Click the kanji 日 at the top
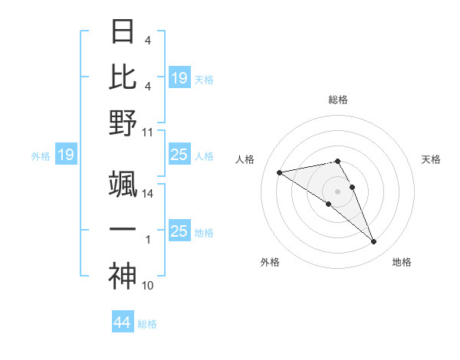[x=123, y=32]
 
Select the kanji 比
[x=123, y=77]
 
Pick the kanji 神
[x=123, y=276]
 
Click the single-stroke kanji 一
[x=123, y=231]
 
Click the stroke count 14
[x=148, y=194]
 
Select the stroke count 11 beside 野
[x=148, y=132]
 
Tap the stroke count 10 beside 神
[x=148, y=286]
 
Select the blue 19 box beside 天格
[x=179, y=77]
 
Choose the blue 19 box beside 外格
[x=66, y=155]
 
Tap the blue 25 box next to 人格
[x=179, y=155]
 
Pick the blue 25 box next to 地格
[x=179, y=231]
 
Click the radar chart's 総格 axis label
[x=338, y=100]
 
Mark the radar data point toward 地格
[x=374, y=242]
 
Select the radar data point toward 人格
[x=280, y=172]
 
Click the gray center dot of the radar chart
[x=338, y=191]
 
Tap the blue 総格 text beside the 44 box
[x=147, y=324]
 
